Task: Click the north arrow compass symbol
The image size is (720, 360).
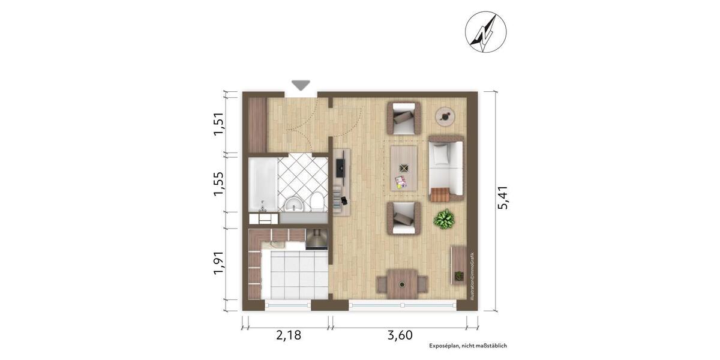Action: (x=485, y=32)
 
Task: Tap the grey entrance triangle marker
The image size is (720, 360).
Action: (x=300, y=85)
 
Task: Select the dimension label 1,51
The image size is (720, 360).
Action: (x=220, y=124)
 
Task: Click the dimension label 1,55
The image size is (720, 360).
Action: (x=220, y=184)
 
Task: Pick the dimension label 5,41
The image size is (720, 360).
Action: (x=503, y=197)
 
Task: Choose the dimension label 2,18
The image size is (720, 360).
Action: (x=289, y=335)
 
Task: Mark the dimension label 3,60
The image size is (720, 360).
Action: (x=400, y=335)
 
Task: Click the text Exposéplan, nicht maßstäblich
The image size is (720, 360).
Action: (x=468, y=346)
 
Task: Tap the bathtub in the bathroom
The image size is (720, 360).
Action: (x=263, y=184)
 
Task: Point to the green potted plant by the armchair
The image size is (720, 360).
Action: (x=445, y=218)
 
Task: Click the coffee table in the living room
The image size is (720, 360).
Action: (x=404, y=168)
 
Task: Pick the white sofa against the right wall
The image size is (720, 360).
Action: (x=446, y=168)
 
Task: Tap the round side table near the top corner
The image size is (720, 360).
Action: (x=445, y=116)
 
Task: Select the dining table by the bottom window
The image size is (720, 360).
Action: (x=402, y=283)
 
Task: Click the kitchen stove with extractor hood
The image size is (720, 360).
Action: (x=316, y=239)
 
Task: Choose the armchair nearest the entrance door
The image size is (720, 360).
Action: (x=404, y=118)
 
